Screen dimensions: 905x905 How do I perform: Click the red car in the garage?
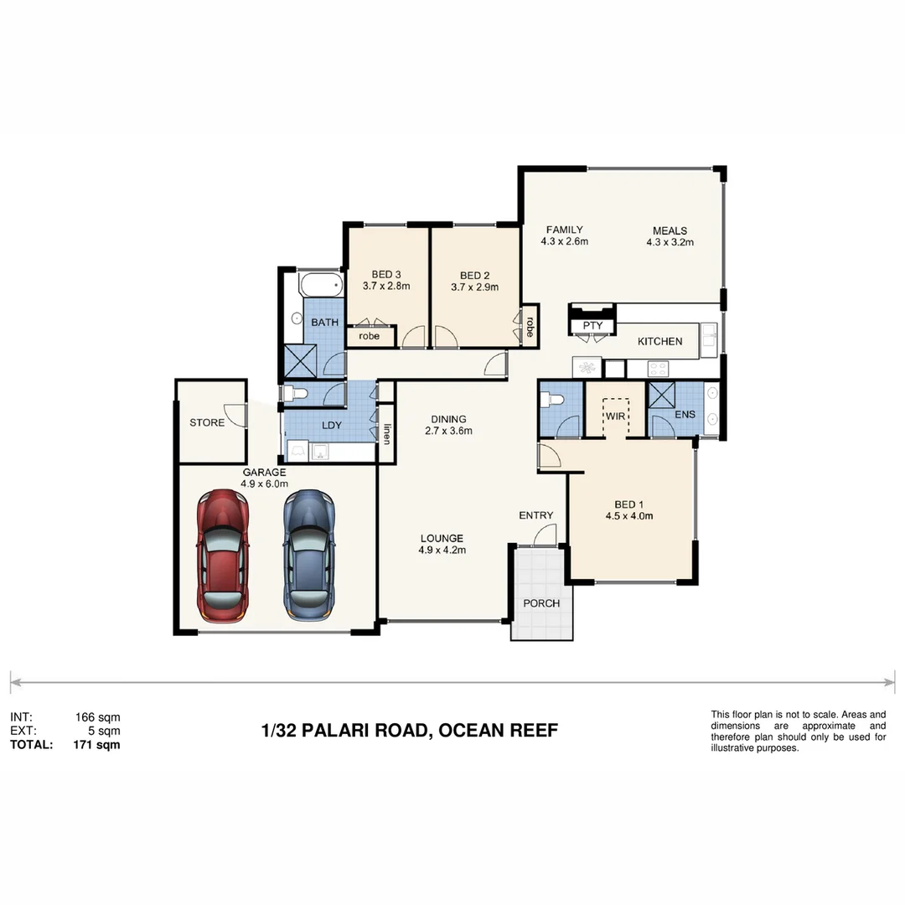(x=222, y=556)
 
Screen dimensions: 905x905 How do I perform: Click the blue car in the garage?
(x=308, y=556)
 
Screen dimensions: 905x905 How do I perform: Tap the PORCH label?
(x=541, y=603)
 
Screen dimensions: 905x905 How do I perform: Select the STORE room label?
(x=207, y=422)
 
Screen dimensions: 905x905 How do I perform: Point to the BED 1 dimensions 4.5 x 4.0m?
(x=628, y=516)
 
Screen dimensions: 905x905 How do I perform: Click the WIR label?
(x=617, y=416)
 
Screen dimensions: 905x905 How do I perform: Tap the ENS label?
(x=685, y=414)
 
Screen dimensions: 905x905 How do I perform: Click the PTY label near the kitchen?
(x=592, y=326)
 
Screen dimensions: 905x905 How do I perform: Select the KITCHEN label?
(x=659, y=341)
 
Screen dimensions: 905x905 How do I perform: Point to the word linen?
(x=387, y=434)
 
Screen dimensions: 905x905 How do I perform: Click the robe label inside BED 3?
(x=370, y=336)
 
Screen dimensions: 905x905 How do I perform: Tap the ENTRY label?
(x=535, y=515)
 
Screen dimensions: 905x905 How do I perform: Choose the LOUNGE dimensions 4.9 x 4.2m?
(x=442, y=551)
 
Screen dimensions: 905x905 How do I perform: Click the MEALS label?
(x=670, y=231)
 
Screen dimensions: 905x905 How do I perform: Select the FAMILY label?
(x=564, y=230)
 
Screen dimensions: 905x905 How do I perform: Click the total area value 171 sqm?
(x=96, y=744)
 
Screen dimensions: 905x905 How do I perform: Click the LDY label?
(x=332, y=425)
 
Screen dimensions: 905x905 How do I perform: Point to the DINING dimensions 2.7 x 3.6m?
(x=448, y=432)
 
